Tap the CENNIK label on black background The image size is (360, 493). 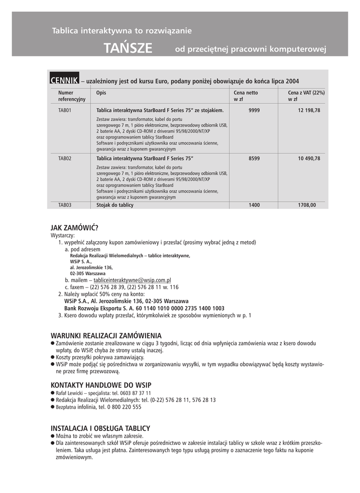[x=65, y=81]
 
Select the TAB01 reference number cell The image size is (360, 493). [x=65, y=110]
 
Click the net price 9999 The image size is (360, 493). [x=254, y=110]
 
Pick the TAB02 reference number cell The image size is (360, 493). [x=65, y=158]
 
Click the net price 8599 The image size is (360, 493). [x=254, y=158]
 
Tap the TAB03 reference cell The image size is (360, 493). [x=65, y=205]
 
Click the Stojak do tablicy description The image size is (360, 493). [x=115, y=205]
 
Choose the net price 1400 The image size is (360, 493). [x=254, y=205]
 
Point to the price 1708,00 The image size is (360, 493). [x=307, y=205]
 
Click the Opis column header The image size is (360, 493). [x=101, y=92]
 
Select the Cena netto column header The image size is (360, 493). [x=246, y=92]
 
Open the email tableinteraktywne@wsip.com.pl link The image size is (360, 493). [x=133, y=280]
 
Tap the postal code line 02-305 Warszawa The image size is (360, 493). [x=88, y=273]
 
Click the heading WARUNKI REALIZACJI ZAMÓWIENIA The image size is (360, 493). [x=106, y=336]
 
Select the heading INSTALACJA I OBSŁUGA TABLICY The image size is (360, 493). [x=100, y=428]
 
